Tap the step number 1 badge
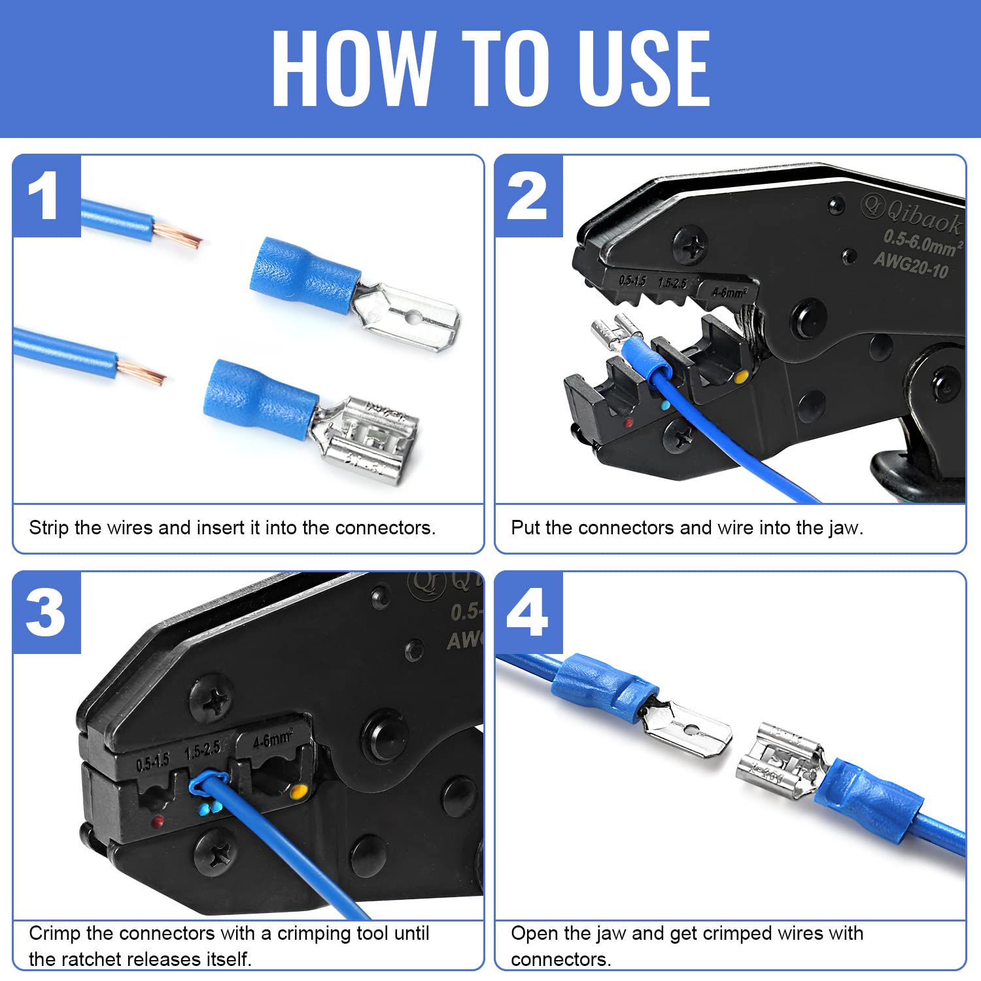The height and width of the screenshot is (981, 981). click(44, 196)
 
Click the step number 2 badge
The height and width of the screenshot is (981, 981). click(527, 196)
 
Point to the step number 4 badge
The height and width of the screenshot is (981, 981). click(527, 613)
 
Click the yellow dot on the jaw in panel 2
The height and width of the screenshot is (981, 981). click(741, 377)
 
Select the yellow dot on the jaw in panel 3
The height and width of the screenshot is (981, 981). click(298, 793)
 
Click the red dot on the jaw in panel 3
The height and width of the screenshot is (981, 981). click(157, 821)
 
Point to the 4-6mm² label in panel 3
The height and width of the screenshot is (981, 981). click(273, 740)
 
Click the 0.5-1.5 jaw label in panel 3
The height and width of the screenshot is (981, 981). click(152, 763)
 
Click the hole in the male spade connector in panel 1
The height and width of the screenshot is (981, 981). click(411, 318)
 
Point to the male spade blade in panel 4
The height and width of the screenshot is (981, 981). click(690, 731)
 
